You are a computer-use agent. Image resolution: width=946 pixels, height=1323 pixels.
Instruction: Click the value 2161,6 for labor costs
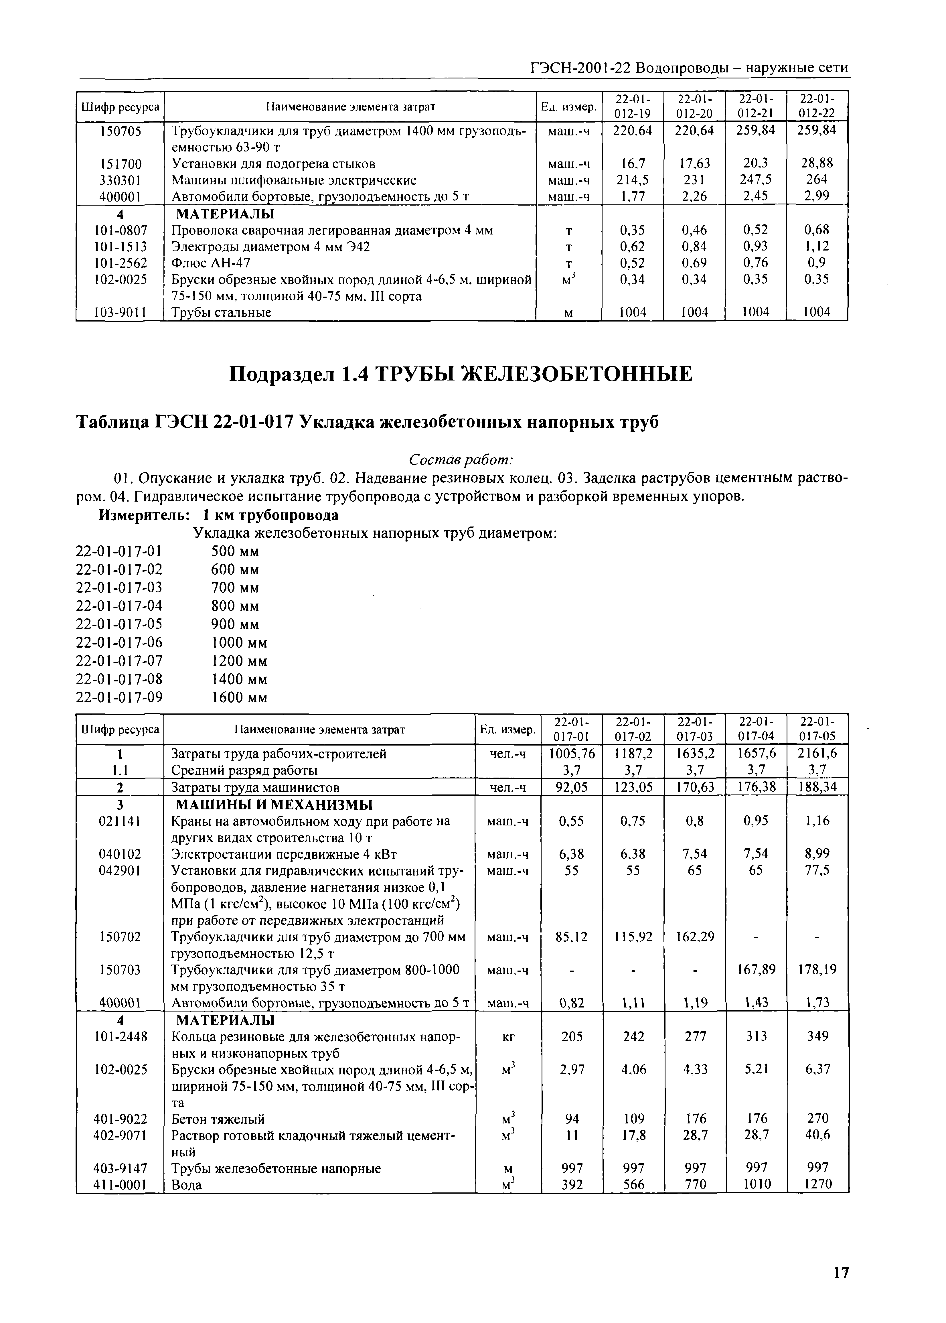[817, 754]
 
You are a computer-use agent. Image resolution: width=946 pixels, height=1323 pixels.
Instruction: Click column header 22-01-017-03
[695, 729]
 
